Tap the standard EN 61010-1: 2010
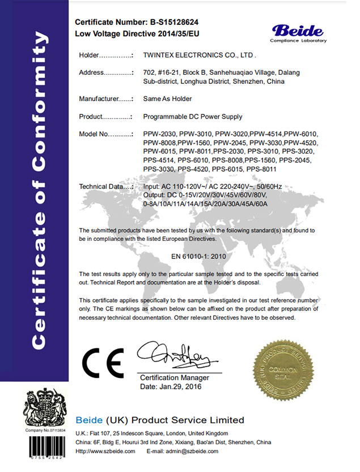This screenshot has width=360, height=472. click(x=198, y=256)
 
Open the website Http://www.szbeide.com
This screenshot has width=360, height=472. click(x=105, y=451)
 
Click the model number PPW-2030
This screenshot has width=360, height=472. click(x=159, y=134)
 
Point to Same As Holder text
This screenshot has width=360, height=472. click(x=167, y=99)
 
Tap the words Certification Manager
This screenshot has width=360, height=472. click(x=174, y=378)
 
